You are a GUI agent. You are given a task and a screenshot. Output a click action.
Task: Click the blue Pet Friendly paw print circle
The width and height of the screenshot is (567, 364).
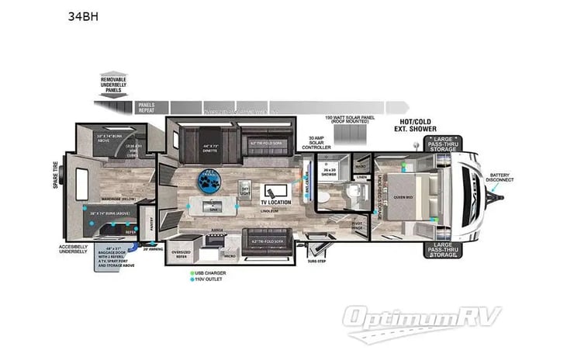209,183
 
